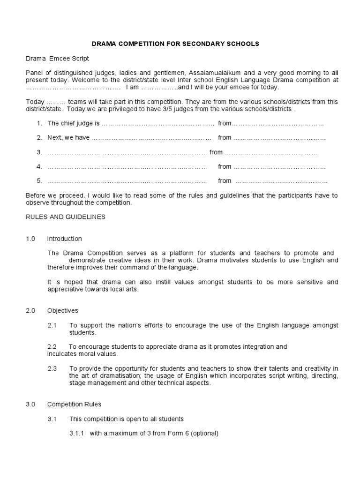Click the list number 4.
tap(39, 166)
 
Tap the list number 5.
tap(39, 181)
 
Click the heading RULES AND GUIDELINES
tap(66, 217)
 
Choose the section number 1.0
tap(30, 239)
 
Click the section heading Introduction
tap(64, 239)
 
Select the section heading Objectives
tap(62, 311)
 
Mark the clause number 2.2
tap(52, 347)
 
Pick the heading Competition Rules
tap(74, 404)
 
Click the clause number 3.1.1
tap(76, 433)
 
